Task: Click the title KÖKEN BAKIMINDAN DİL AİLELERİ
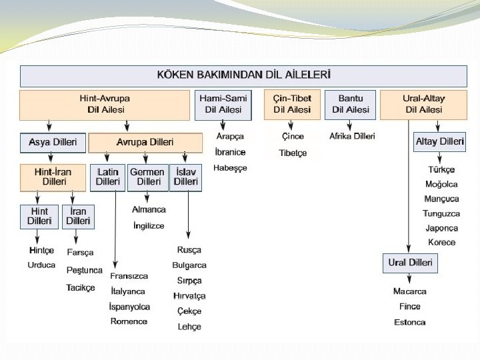click(x=243, y=75)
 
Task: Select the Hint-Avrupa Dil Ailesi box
click(x=105, y=105)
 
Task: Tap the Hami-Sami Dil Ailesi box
click(x=223, y=105)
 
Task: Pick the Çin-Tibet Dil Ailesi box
click(x=292, y=105)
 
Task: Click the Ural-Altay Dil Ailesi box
click(x=423, y=105)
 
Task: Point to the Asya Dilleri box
click(x=53, y=143)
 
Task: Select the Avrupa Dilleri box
click(x=145, y=143)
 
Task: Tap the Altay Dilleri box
click(x=439, y=142)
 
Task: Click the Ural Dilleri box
click(x=410, y=263)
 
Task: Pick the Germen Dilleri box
click(x=147, y=177)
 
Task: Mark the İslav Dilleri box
click(x=185, y=177)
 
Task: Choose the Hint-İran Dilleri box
click(x=53, y=177)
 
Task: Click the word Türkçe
click(x=441, y=170)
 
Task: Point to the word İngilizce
click(x=148, y=226)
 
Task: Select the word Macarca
click(x=410, y=291)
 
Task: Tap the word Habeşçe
click(x=230, y=168)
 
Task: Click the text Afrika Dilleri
click(x=352, y=137)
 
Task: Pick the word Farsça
click(x=80, y=253)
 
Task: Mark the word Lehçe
click(x=189, y=327)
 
